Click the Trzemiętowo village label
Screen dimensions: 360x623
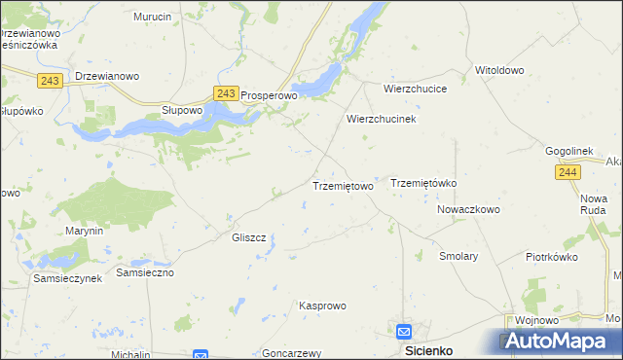[342, 186]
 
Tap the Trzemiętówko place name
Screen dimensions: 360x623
[423, 183]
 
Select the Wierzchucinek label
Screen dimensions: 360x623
[382, 119]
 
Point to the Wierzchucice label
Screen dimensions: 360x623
[415, 88]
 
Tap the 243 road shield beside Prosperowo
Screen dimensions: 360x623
[225, 93]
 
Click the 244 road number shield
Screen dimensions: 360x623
[569, 172]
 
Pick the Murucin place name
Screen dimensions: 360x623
[153, 18]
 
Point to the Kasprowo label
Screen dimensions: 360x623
[322, 306]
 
